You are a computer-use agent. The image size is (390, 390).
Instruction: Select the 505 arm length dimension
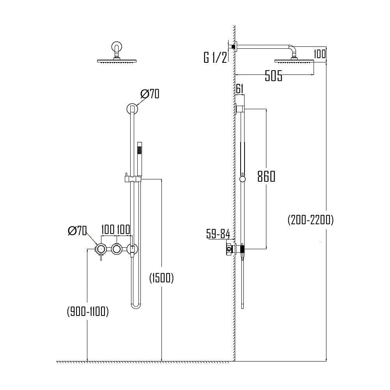click(273, 76)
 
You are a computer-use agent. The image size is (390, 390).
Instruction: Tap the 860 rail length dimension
click(266, 177)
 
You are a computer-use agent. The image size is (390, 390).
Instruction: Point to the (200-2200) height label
click(311, 220)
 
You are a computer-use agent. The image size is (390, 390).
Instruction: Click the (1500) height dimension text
click(161, 278)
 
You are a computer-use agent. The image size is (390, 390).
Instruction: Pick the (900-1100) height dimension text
click(87, 311)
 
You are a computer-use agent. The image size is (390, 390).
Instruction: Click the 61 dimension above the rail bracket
click(239, 89)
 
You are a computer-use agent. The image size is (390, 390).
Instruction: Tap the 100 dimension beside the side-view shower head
click(319, 54)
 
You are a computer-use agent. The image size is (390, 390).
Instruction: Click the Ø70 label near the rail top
click(150, 94)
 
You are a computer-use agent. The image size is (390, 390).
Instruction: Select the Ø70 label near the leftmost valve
click(77, 231)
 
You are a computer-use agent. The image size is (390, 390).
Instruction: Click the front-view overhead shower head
click(117, 60)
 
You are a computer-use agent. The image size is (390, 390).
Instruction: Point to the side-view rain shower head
click(294, 60)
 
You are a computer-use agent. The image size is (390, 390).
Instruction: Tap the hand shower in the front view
click(140, 160)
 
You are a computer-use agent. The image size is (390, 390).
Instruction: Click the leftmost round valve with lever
click(101, 249)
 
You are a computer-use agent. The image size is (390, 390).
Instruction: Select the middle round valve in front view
click(116, 249)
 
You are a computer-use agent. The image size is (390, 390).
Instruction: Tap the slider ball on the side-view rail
click(243, 179)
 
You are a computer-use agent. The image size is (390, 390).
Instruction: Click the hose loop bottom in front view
click(135, 305)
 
